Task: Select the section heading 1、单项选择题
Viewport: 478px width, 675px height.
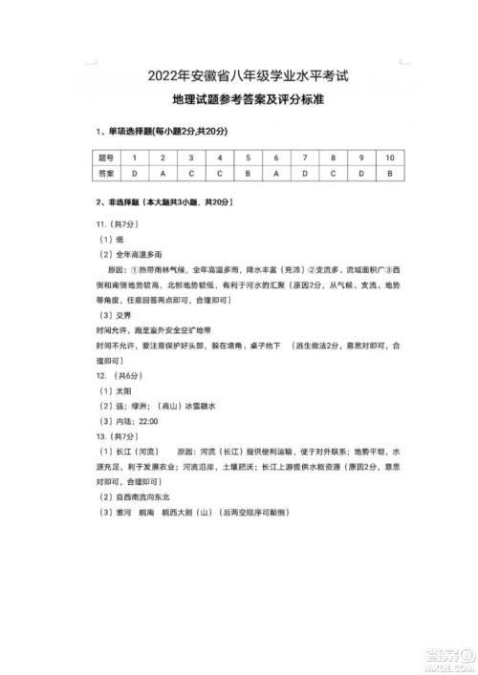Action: click(129, 130)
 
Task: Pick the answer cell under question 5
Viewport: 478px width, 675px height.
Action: click(248, 174)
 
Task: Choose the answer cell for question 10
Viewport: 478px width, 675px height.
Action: click(389, 174)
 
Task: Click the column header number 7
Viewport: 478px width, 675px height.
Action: click(304, 156)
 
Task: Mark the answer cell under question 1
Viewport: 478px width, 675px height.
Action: click(135, 174)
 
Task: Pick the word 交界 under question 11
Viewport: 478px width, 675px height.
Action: click(127, 315)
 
